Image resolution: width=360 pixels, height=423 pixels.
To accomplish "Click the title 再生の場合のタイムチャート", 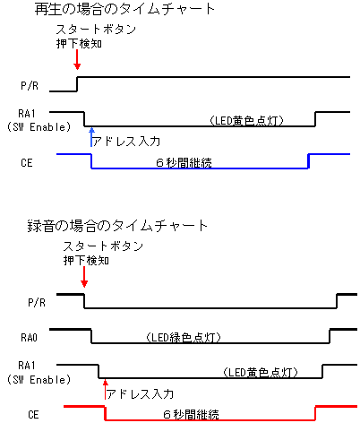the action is click(x=124, y=9).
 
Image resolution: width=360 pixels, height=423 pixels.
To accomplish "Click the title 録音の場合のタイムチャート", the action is click(x=117, y=226).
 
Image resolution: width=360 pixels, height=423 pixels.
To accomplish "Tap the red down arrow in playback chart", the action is click(x=77, y=59).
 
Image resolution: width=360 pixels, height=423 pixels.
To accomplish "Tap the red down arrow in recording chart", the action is click(x=84, y=277).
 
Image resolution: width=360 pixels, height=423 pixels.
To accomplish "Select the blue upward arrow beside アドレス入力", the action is click(x=91, y=137).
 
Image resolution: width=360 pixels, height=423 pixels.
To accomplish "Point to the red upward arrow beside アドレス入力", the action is click(x=105, y=389).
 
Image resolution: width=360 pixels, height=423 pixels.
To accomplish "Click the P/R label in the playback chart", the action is click(x=30, y=86).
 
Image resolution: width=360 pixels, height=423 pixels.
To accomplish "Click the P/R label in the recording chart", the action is click(x=37, y=303).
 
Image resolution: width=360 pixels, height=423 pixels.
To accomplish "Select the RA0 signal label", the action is click(x=29, y=338).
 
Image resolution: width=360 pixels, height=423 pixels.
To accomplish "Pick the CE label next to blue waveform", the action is click(x=27, y=163).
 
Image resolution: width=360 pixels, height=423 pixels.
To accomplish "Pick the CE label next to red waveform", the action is click(x=33, y=415).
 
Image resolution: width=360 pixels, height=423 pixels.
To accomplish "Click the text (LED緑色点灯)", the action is click(x=184, y=338).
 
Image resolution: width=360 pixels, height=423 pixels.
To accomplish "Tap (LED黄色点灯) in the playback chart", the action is click(x=246, y=121).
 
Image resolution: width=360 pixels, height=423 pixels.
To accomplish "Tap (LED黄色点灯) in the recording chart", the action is click(x=261, y=373).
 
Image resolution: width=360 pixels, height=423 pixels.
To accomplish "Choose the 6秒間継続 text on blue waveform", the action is click(x=184, y=163).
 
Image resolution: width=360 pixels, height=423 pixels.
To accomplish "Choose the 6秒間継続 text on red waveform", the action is click(x=191, y=415).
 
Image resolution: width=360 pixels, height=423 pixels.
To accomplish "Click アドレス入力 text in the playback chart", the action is click(x=126, y=142).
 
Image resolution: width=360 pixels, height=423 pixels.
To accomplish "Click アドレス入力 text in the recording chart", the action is click(x=140, y=393).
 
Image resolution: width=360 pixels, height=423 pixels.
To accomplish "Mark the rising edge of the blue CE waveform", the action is click(x=308, y=161).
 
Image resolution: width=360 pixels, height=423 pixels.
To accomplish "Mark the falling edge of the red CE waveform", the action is click(x=105, y=413).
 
